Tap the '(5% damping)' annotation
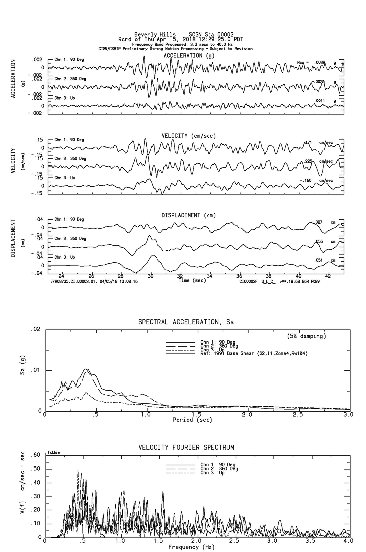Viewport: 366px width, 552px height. [307, 336]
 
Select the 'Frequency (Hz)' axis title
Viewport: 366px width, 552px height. [192, 547]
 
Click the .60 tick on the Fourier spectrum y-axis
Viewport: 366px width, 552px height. [36, 455]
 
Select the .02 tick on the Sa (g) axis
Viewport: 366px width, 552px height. [36, 329]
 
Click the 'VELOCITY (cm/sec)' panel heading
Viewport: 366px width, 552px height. [189, 136]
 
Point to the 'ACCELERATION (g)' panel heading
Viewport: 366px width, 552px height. [189, 56]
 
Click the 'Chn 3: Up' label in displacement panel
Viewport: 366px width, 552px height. [65, 257]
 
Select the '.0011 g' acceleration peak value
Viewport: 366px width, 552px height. [325, 101]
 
